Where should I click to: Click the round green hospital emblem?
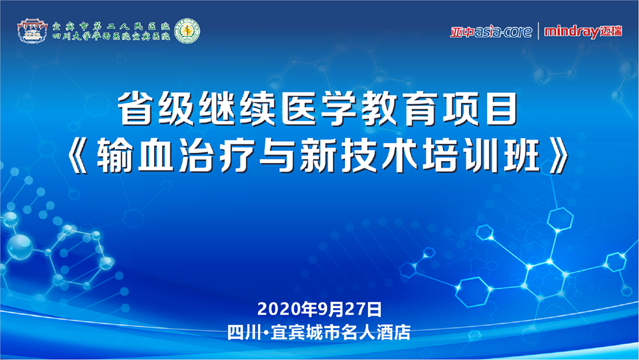(x=187, y=31)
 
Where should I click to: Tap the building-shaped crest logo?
(x=32, y=31)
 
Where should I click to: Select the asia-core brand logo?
(x=491, y=31)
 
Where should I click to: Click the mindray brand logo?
(x=583, y=31)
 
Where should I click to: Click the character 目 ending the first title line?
(x=501, y=109)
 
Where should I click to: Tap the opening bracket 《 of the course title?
(x=78, y=155)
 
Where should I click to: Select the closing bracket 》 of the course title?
(x=559, y=155)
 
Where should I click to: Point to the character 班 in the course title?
(x=522, y=155)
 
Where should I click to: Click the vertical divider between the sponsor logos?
(x=538, y=31)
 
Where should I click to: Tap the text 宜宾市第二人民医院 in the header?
(x=111, y=26)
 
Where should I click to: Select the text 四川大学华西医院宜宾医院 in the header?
(x=111, y=36)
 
